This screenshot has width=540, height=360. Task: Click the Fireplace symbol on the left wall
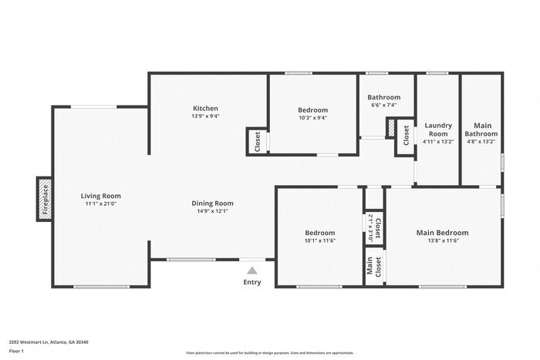click(44, 198)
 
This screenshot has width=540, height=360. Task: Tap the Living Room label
click(101, 196)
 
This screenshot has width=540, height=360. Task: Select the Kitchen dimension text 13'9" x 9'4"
click(205, 116)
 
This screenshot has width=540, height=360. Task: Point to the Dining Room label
click(213, 204)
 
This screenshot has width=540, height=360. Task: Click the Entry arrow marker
click(251, 270)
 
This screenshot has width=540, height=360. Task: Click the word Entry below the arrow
click(251, 282)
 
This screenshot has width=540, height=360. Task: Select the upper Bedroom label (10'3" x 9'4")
click(312, 110)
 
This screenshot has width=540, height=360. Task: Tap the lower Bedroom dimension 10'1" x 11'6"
click(319, 241)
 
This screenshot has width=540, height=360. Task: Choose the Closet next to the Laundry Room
click(406, 136)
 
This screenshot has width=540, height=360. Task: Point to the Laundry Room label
click(437, 129)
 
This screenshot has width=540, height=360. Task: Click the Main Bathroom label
click(482, 129)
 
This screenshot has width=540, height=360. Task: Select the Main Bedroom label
click(442, 232)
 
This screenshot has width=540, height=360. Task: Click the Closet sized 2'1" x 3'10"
click(374, 227)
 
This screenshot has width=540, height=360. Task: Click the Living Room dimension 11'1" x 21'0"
click(101, 204)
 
